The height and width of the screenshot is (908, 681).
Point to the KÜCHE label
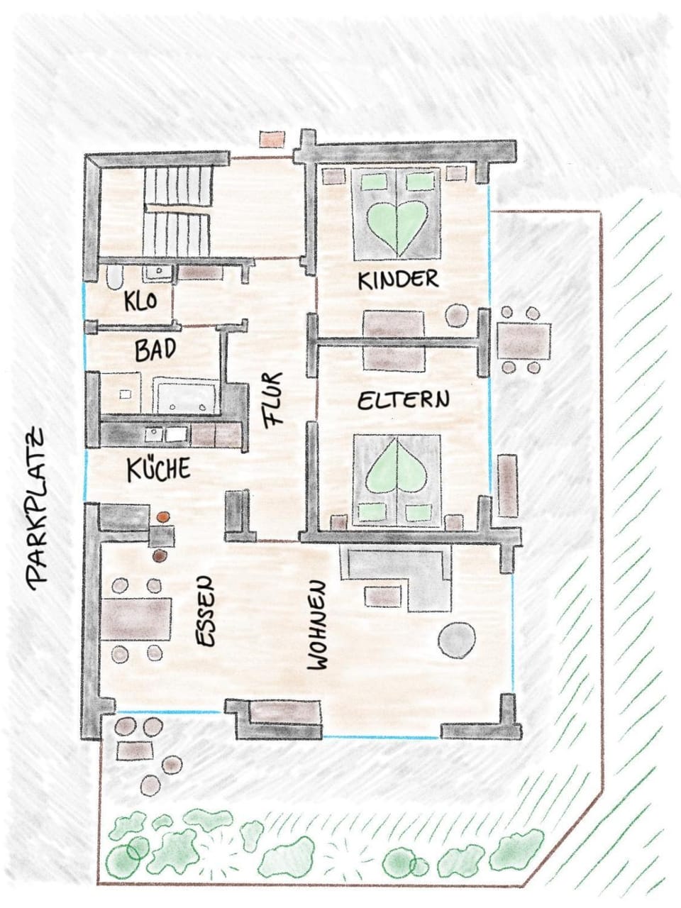tap(159, 470)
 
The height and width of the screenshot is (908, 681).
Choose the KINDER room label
tap(398, 279)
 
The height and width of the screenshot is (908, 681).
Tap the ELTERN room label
tap(403, 400)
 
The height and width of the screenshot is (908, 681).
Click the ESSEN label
tap(204, 611)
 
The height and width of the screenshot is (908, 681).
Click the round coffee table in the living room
tap(456, 639)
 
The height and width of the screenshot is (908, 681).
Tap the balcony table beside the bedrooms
tap(524, 340)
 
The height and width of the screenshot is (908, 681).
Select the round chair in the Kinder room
tap(456, 314)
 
